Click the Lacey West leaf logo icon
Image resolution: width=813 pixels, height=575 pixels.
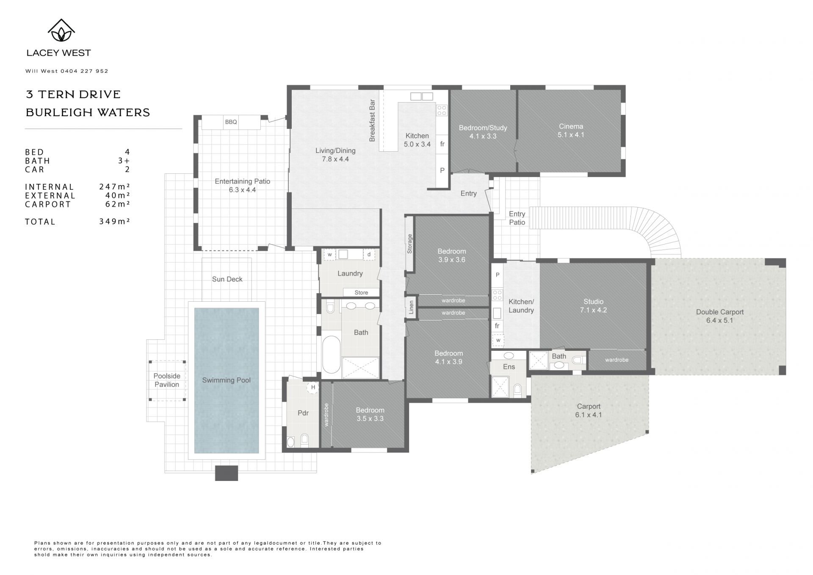(x=61, y=31)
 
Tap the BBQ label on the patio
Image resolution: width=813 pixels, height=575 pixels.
(x=231, y=122)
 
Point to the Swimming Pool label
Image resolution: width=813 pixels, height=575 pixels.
(x=226, y=380)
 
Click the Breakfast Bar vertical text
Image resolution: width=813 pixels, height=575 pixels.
(x=372, y=120)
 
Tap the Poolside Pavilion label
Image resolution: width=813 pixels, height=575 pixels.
(x=167, y=380)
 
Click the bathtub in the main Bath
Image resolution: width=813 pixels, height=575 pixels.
(x=332, y=355)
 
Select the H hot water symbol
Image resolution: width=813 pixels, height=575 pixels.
(x=313, y=387)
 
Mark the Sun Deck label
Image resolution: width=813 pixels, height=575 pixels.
(x=227, y=279)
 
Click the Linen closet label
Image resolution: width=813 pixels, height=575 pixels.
(x=411, y=308)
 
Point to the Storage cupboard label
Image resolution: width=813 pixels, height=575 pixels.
(x=409, y=244)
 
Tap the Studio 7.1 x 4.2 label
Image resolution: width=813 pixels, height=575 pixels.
(x=593, y=306)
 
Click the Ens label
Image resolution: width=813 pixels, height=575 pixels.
(x=509, y=367)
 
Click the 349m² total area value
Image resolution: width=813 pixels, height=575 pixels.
(x=114, y=221)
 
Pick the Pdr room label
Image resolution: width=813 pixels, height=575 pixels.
(x=303, y=413)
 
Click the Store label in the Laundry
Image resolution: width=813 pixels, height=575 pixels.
(x=361, y=293)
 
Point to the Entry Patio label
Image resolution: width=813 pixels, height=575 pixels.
(x=517, y=218)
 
